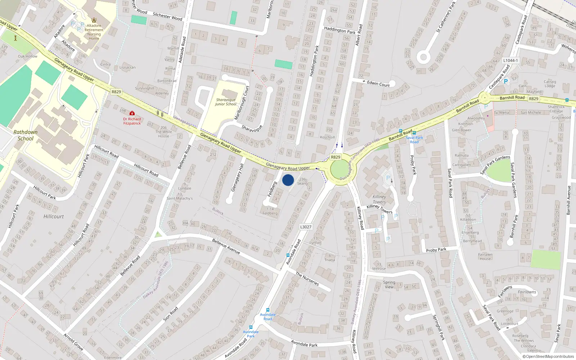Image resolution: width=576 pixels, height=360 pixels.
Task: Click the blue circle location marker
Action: pos(288,180)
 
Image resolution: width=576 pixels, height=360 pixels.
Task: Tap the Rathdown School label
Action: pos(25,135)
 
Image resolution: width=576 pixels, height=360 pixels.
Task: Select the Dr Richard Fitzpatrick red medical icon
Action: pos(132,113)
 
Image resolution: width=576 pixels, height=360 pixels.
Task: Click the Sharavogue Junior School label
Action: pos(226,102)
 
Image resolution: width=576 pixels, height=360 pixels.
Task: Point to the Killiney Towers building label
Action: pos(379,199)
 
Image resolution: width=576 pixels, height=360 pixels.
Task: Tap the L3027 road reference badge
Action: pos(306,227)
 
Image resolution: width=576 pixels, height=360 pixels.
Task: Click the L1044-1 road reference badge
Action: pos(510,60)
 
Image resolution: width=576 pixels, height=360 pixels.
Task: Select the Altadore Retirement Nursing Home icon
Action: pos(94,20)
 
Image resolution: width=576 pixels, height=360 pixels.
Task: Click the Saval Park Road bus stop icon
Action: pos(414,133)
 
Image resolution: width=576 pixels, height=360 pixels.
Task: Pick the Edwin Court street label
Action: pos(378,84)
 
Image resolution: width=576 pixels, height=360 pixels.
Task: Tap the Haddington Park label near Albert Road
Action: pos(339,30)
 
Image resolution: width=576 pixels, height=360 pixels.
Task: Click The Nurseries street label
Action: pos(307,279)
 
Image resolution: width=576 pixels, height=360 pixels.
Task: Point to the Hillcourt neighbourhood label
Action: pos(54,216)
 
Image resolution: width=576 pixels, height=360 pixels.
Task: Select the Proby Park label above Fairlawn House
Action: pos(436,250)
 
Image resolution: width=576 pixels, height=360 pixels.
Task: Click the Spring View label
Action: pos(389,284)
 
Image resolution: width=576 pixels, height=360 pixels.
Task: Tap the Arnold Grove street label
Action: pos(73,342)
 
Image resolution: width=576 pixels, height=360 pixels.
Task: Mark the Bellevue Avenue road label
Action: pos(226,246)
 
